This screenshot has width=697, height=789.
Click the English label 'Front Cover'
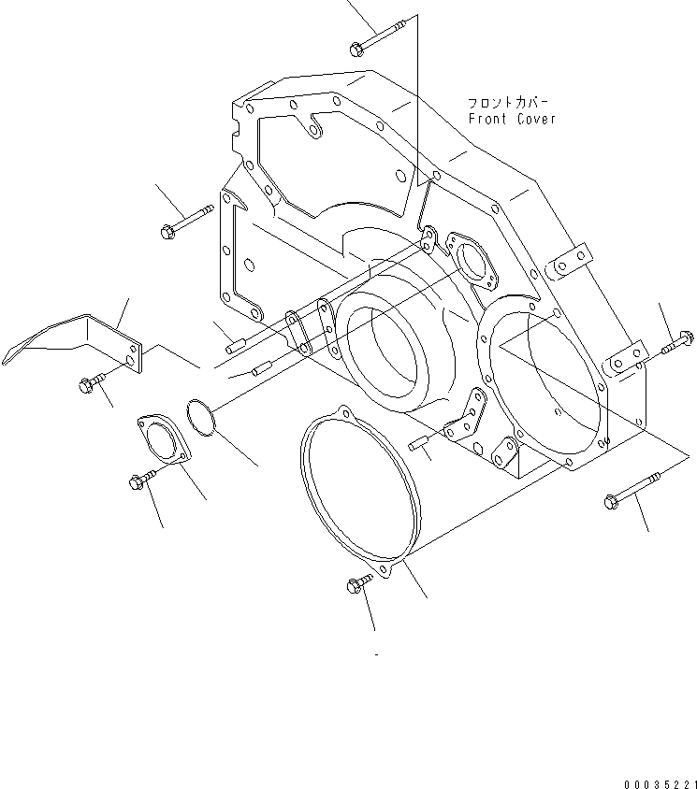[x=512, y=119]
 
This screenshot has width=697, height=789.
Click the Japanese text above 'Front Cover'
[x=510, y=102]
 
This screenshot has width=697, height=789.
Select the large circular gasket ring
[x=355, y=495]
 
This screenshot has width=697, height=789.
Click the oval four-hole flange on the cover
[x=473, y=262]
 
